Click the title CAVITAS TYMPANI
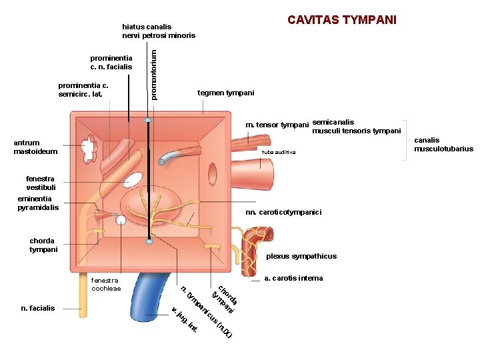(342, 19)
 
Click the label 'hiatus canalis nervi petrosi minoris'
(159, 31)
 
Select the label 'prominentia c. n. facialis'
(111, 62)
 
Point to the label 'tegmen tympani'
(226, 93)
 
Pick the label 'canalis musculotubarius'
(443, 145)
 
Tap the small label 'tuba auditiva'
(277, 153)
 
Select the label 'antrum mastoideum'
(35, 147)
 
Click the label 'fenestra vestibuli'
(41, 183)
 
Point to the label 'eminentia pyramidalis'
(38, 203)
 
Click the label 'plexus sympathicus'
(301, 256)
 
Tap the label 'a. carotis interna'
(293, 278)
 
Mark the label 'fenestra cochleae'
(106, 285)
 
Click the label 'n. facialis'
(38, 308)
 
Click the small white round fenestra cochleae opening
(121, 219)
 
